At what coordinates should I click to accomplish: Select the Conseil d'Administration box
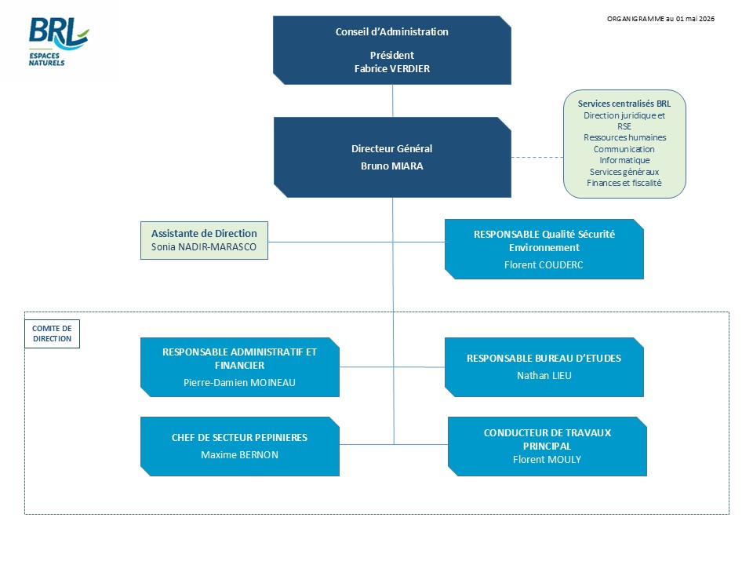point(392,50)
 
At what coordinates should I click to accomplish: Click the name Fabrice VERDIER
point(392,69)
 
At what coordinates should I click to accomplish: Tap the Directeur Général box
point(392,157)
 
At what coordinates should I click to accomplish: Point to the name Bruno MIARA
point(392,166)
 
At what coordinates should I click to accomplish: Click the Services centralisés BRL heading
point(624,104)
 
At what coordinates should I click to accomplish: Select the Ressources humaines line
point(625,137)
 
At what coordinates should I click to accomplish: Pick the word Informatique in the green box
point(624,160)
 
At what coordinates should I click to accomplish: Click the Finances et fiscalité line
point(624,183)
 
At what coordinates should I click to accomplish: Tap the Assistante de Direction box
point(204,240)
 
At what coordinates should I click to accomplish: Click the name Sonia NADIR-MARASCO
point(204,247)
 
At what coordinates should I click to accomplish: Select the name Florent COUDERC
point(544,264)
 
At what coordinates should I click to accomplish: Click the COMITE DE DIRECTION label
point(52,334)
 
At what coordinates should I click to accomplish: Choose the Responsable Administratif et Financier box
point(240,367)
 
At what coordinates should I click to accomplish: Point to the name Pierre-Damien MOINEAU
point(239,383)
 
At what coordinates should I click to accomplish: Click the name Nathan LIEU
point(544,376)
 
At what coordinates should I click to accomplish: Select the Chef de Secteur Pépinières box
point(240,447)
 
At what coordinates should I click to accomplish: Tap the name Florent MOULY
point(547,460)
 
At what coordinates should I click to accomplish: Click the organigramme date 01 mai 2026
point(695,19)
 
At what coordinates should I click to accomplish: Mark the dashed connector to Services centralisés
point(537,157)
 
